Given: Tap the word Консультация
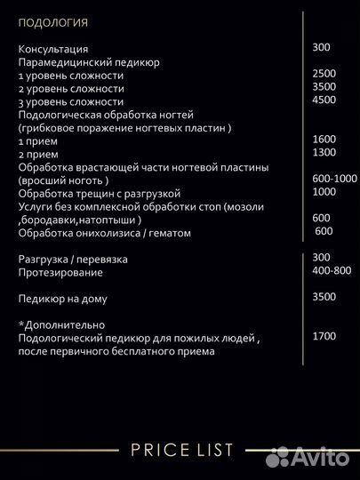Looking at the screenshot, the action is [x=52, y=49].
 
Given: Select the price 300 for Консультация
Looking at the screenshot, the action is [x=322, y=47].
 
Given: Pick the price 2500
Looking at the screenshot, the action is [x=324, y=73].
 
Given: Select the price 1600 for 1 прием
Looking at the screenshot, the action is [x=324, y=140].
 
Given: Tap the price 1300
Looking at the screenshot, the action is [x=324, y=153].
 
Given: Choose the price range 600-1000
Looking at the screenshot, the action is [x=334, y=179].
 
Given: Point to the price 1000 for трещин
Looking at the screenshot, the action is [x=324, y=192].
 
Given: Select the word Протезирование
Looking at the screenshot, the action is [x=59, y=272].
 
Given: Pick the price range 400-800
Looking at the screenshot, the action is [x=332, y=270].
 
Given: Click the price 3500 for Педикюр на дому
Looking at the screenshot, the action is [x=324, y=297].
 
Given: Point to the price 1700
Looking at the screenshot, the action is [x=324, y=336].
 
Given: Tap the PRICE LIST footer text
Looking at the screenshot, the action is [x=181, y=450].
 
